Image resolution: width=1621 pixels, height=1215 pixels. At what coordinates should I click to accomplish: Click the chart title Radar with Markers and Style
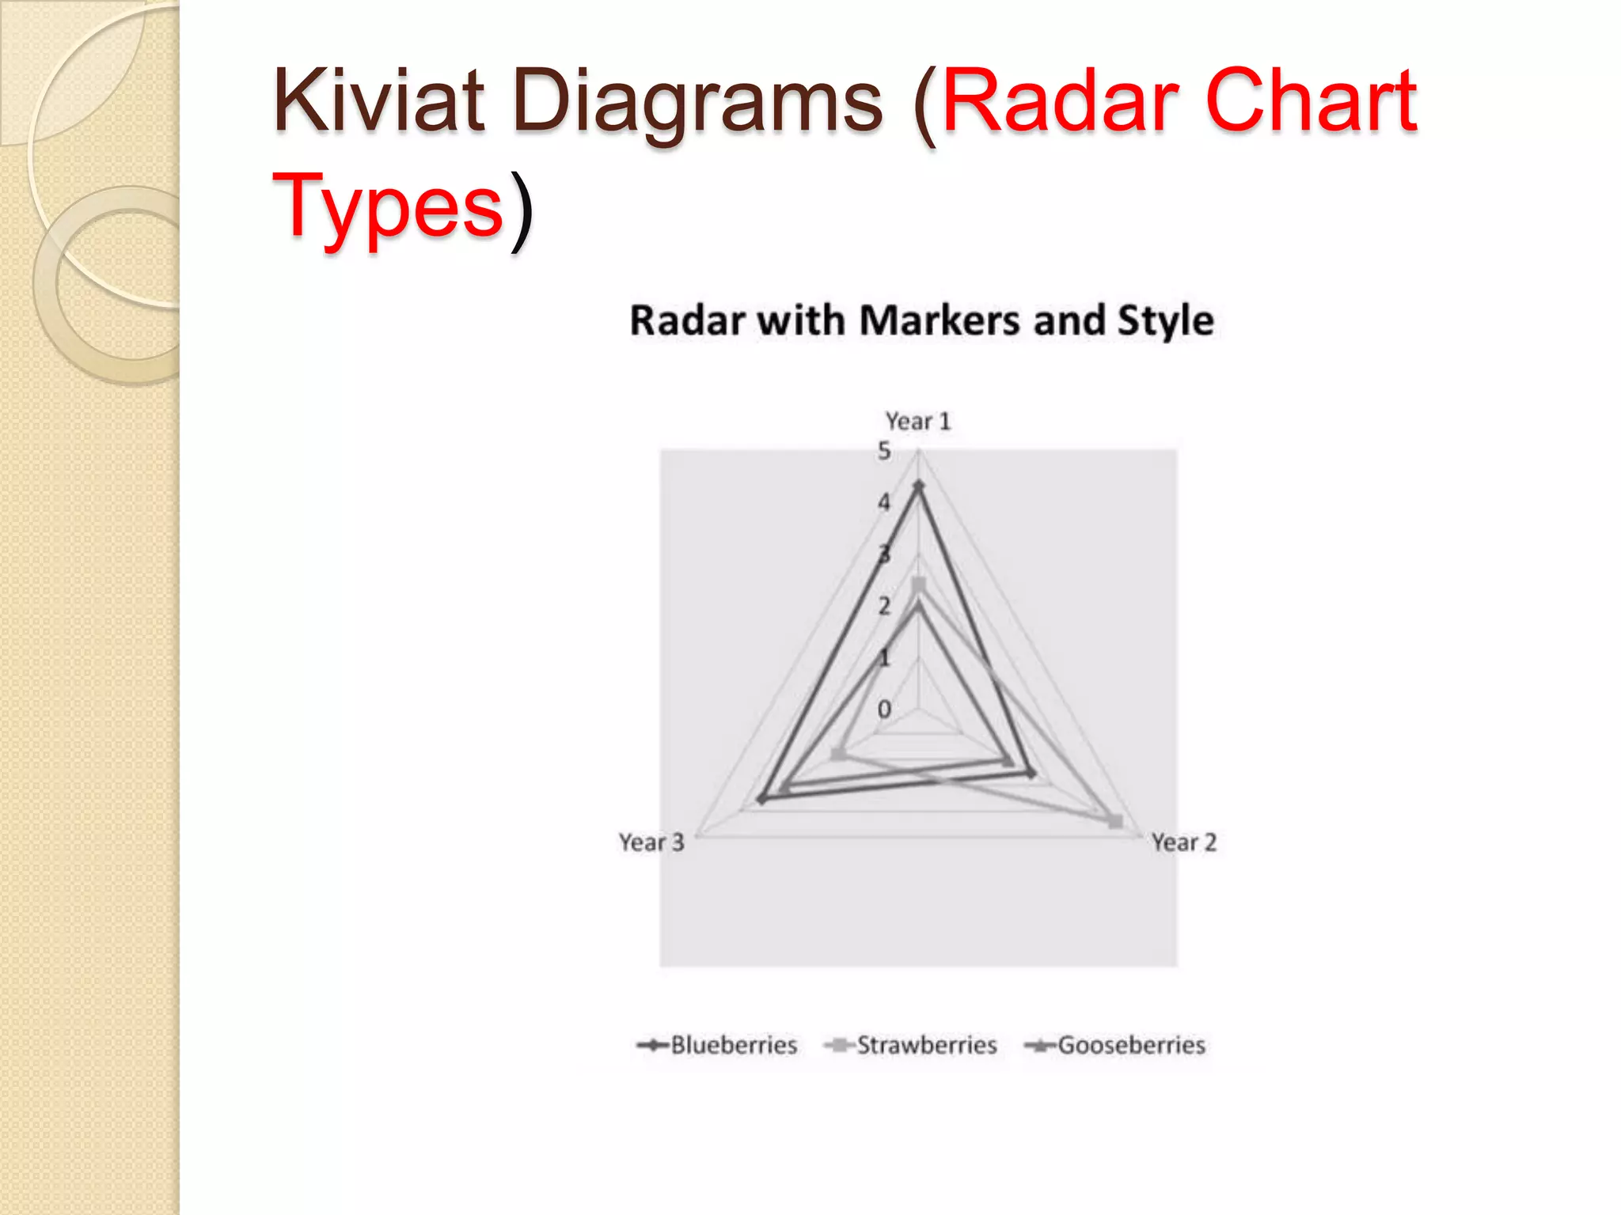click(921, 321)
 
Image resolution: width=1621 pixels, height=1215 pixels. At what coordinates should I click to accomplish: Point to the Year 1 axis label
click(917, 421)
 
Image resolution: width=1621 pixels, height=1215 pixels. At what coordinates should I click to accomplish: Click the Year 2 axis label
click(1183, 842)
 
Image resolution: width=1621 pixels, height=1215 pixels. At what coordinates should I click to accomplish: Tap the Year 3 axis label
click(651, 842)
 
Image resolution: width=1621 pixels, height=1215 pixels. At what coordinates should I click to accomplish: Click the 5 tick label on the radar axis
click(884, 451)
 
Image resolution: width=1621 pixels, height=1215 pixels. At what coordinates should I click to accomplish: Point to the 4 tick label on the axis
click(884, 502)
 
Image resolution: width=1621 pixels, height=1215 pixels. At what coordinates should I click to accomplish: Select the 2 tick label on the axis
click(884, 606)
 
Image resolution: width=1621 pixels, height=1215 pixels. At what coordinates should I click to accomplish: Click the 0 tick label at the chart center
click(884, 710)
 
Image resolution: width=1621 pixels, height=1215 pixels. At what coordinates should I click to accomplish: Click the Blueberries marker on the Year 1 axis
click(918, 486)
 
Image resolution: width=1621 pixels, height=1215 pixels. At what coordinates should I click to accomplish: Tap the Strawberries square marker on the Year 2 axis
click(1115, 822)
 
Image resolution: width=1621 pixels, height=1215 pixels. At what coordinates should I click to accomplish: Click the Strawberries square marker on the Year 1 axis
click(918, 585)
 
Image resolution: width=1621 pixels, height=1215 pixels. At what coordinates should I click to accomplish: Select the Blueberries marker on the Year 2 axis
click(1031, 773)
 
